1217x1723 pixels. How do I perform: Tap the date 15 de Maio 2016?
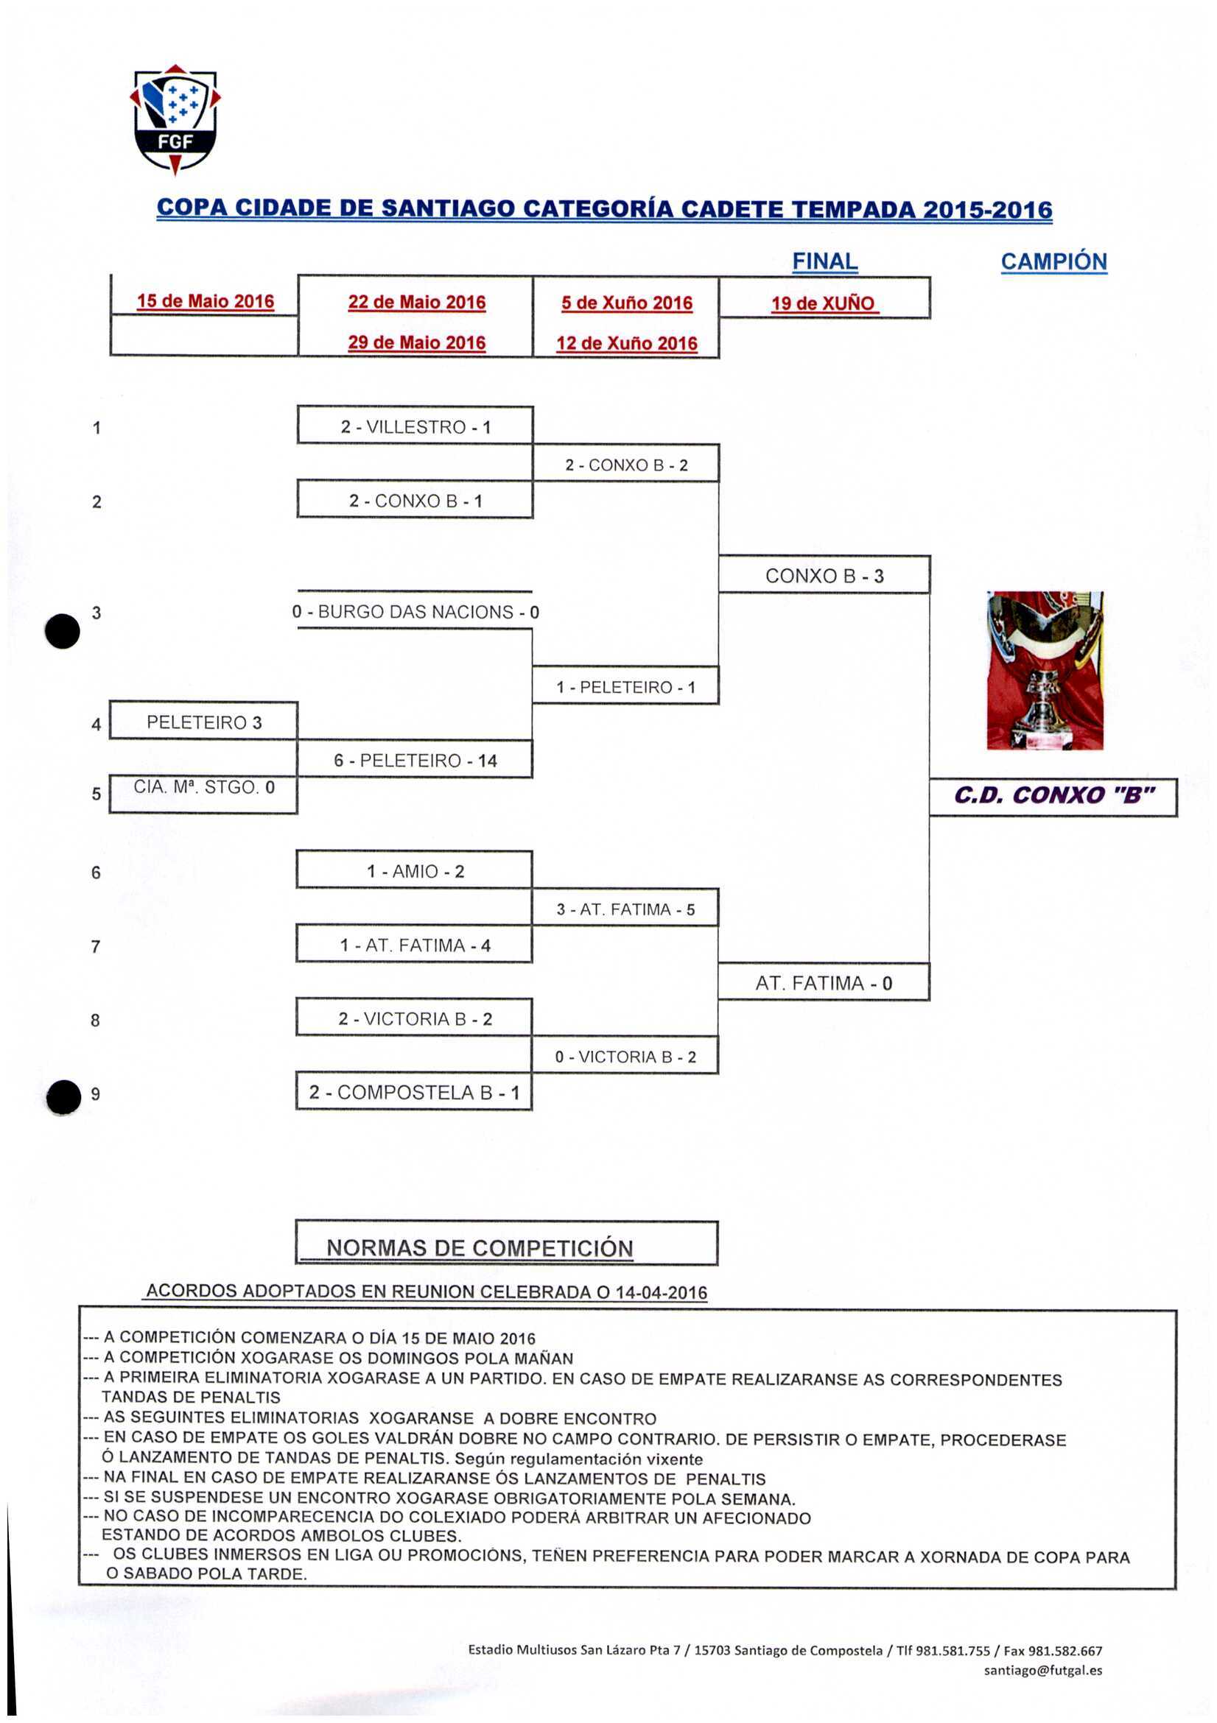pyautogui.click(x=205, y=302)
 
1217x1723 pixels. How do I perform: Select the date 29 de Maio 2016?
pyautogui.click(x=417, y=343)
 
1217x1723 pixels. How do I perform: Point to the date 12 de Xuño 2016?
pyautogui.click(x=626, y=344)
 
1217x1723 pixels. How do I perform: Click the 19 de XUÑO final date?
pyautogui.click(x=823, y=304)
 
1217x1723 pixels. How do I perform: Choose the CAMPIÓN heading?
pyautogui.click(x=1053, y=262)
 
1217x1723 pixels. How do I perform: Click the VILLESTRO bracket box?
pyautogui.click(x=415, y=427)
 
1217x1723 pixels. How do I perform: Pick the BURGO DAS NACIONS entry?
pyautogui.click(x=415, y=612)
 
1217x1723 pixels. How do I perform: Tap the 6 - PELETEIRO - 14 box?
pyautogui.click(x=415, y=760)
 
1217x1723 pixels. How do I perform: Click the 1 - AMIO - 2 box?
pyautogui.click(x=415, y=871)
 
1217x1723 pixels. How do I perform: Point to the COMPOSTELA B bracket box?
pyautogui.click(x=415, y=1092)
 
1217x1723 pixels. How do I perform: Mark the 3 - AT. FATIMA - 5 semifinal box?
pyautogui.click(x=625, y=909)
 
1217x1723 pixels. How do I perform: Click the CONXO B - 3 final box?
pyautogui.click(x=824, y=576)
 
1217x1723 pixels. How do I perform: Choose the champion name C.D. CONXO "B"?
pyautogui.click(x=1053, y=796)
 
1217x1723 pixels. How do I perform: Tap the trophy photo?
pyautogui.click(x=1045, y=670)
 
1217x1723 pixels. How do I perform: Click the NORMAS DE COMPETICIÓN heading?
pyautogui.click(x=480, y=1247)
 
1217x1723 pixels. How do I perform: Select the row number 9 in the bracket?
pyautogui.click(x=95, y=1094)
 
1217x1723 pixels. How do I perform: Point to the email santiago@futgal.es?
pyautogui.click(x=1043, y=1670)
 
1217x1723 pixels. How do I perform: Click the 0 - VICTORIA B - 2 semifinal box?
pyautogui.click(x=625, y=1057)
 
